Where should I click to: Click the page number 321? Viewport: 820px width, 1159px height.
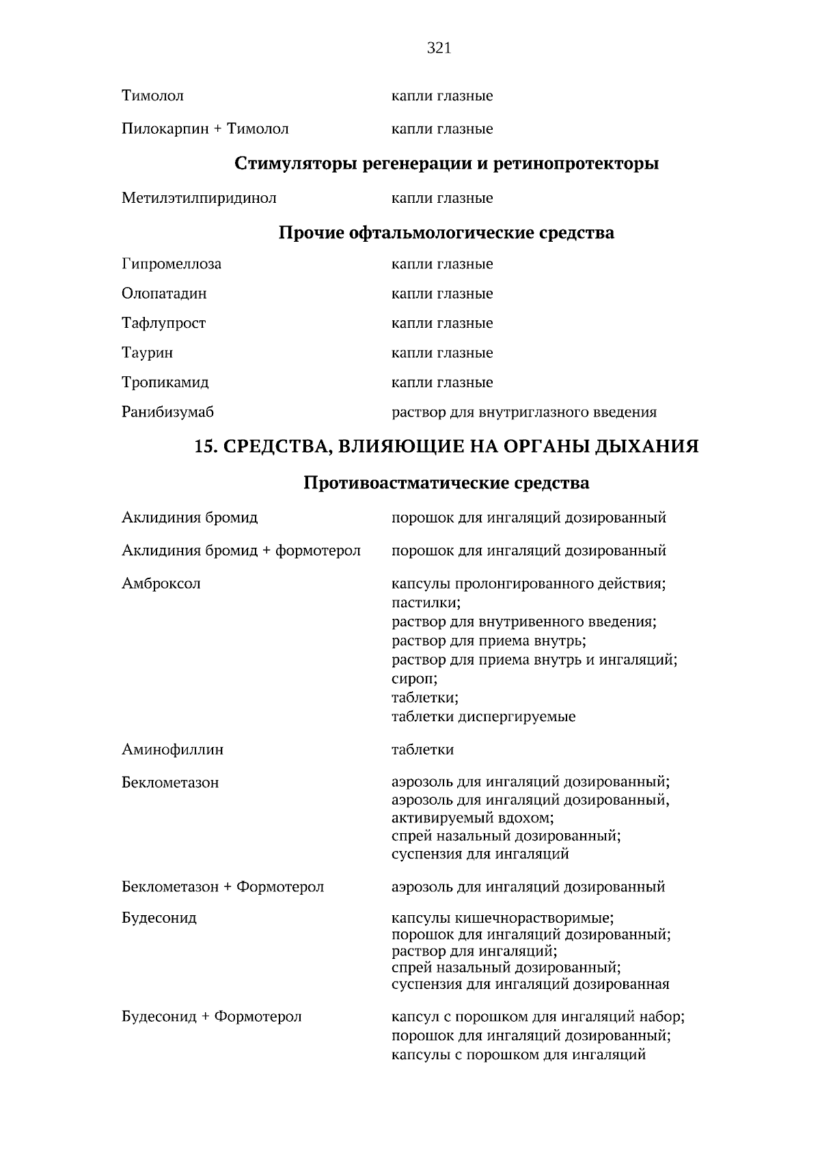click(x=439, y=48)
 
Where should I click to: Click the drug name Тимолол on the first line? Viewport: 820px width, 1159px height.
click(x=152, y=96)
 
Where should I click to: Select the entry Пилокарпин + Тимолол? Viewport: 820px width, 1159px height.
click(x=205, y=129)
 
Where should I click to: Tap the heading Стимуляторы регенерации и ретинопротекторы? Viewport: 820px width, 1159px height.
click(x=446, y=164)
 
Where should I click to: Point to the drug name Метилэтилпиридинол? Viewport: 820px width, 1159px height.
click(x=199, y=199)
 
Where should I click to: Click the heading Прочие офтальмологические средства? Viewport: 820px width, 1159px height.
click(x=446, y=233)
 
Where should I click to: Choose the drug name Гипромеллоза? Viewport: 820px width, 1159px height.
click(x=172, y=264)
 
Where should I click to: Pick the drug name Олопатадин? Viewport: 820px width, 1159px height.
click(x=164, y=294)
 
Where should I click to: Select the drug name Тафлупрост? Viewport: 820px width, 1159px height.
click(x=163, y=323)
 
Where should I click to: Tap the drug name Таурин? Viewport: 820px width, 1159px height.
click(x=147, y=353)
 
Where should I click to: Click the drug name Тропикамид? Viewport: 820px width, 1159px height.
click(x=165, y=382)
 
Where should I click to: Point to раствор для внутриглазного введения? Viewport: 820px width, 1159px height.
click(x=523, y=413)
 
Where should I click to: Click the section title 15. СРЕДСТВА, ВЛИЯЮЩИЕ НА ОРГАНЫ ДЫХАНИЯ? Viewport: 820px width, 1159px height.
click(x=446, y=447)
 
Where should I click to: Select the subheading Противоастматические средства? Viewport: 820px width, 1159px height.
click(x=446, y=484)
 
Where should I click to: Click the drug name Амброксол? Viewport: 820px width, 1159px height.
click(x=161, y=584)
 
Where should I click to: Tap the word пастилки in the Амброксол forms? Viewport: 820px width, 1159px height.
click(x=426, y=603)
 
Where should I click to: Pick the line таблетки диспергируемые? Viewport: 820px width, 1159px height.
click(x=483, y=717)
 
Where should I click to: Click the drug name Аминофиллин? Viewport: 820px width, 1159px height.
click(x=172, y=750)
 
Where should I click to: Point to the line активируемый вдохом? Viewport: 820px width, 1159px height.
click(x=472, y=818)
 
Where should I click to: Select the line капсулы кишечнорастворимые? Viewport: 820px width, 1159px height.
click(x=502, y=918)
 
